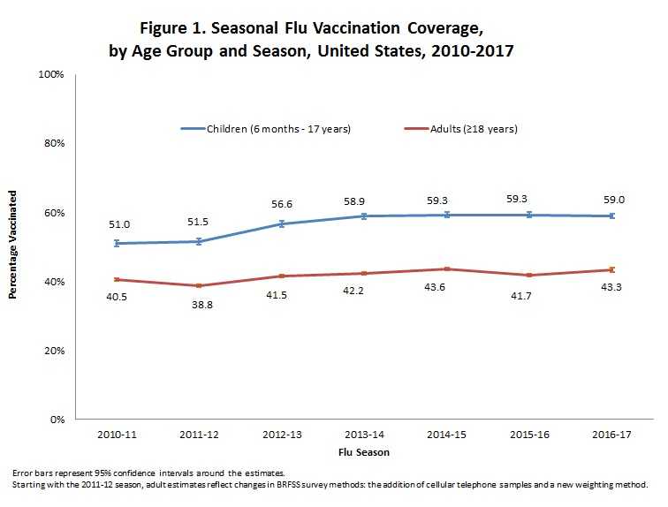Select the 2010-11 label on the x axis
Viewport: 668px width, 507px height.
pos(117,435)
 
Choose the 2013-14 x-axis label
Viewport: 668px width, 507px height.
pos(363,435)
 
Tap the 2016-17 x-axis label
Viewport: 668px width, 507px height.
pos(610,435)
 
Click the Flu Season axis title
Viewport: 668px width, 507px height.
pos(363,452)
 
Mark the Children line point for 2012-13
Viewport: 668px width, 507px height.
pos(281,223)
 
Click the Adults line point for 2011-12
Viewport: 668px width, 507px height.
pos(199,285)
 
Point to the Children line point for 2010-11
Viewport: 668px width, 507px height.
pos(117,243)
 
